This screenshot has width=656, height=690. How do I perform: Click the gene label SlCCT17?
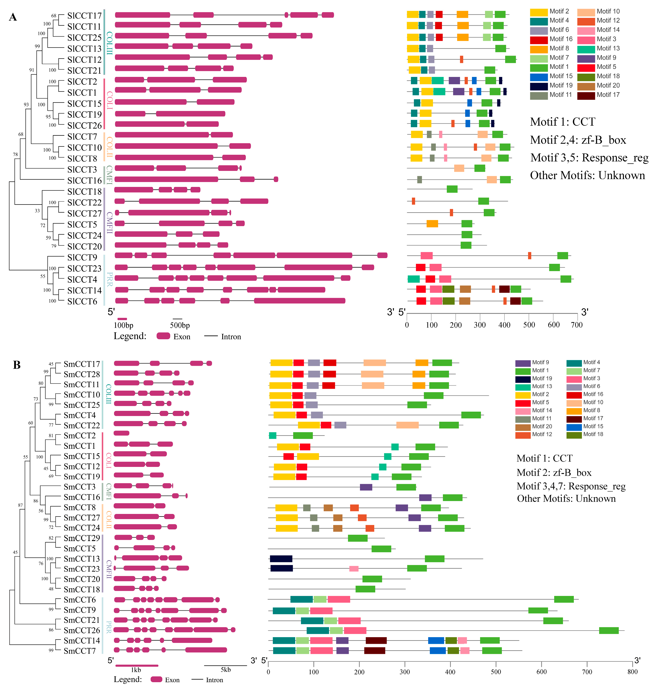coord(84,16)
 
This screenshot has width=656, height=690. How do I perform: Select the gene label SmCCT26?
coord(81,630)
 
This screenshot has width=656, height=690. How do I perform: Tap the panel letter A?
coord(13,17)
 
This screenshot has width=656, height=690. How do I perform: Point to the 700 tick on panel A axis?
coord(577,325)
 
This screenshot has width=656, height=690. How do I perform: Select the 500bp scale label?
coord(180,325)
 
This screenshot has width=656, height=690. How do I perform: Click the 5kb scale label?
coord(226,670)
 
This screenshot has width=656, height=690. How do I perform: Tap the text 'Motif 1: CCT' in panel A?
coord(562,122)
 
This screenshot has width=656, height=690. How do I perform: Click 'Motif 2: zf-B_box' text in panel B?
coord(554,473)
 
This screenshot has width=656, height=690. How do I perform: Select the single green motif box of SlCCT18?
coord(452,189)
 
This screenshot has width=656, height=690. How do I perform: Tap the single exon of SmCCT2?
coord(121,433)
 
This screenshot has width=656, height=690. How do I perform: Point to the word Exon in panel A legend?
coord(182,337)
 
